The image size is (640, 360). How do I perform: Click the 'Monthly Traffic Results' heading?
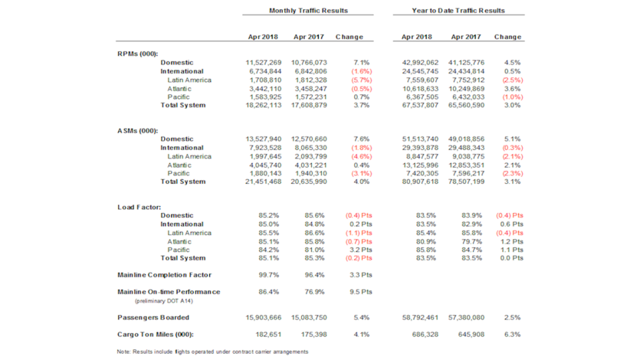click(308, 11)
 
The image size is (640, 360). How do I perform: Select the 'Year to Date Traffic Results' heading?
click(459, 11)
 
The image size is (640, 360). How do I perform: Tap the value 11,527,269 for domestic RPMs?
click(264, 61)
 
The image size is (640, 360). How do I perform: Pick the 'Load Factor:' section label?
click(138, 207)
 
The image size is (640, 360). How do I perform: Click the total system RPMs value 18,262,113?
click(264, 105)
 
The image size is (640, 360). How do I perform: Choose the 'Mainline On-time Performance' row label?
click(169, 292)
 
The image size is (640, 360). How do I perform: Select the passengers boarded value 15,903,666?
click(264, 316)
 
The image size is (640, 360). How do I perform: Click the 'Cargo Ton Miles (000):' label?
click(159, 335)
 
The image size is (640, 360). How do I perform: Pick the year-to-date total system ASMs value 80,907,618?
click(415, 182)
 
